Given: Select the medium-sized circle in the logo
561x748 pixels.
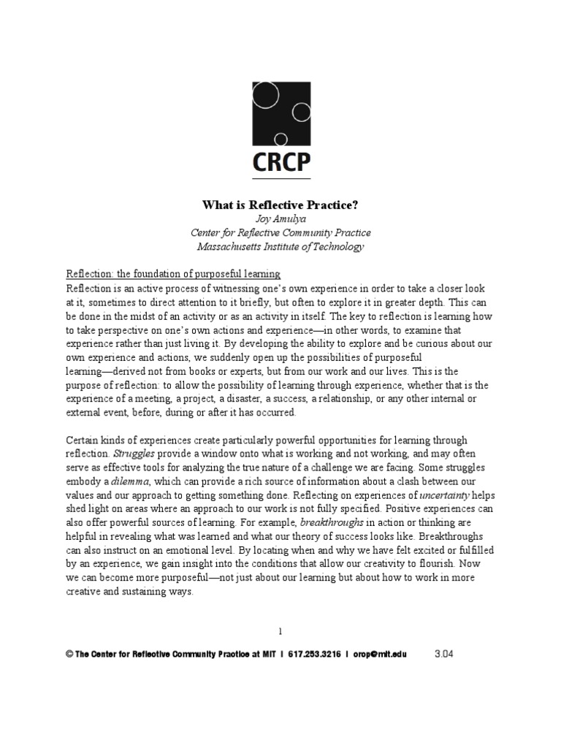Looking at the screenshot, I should pyautogui.click(x=300, y=112).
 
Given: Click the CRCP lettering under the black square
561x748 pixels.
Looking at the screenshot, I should pyautogui.click(x=280, y=162).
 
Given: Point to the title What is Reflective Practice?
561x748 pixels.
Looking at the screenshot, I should pyautogui.click(x=280, y=206).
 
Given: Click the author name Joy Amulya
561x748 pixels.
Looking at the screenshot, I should pyautogui.click(x=281, y=220).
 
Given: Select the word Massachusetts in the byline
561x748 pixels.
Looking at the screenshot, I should pyautogui.click(x=234, y=247).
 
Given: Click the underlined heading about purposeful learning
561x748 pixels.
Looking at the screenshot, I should pyautogui.click(x=173, y=275).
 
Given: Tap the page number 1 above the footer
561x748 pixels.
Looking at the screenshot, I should pyautogui.click(x=280, y=630).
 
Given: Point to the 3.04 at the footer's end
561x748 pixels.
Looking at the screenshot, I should pyautogui.click(x=444, y=654).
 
